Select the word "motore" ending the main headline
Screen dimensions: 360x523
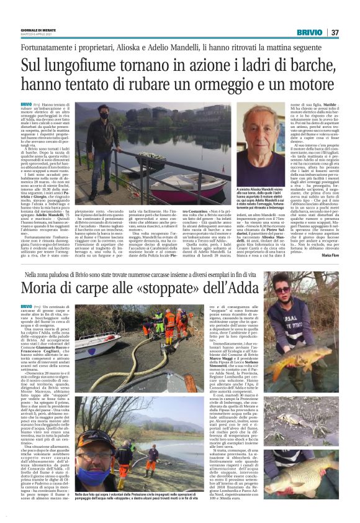(307, 84)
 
